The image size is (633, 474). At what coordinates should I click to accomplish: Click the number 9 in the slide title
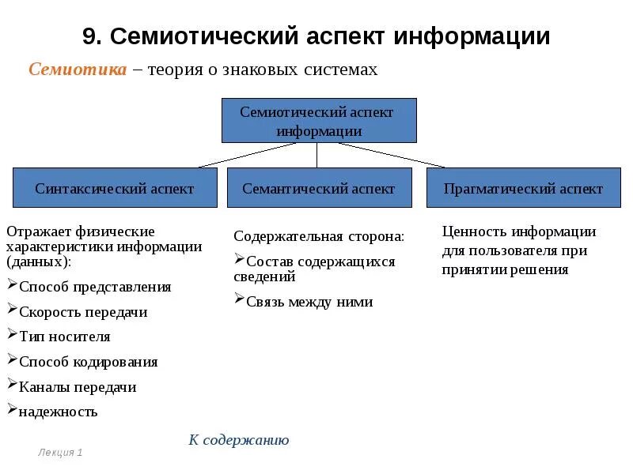(x=89, y=36)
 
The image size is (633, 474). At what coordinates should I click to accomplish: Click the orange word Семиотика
(x=78, y=70)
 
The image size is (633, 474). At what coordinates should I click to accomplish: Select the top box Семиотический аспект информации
(x=317, y=121)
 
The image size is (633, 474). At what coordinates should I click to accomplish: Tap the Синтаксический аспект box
(x=115, y=188)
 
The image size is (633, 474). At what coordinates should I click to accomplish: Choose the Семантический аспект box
(x=319, y=188)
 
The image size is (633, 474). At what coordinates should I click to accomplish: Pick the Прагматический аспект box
(x=523, y=188)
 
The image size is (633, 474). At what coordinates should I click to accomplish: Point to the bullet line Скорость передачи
(x=83, y=312)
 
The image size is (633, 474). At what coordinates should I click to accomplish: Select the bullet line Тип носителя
(x=64, y=337)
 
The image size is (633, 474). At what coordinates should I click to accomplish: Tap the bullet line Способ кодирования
(x=88, y=362)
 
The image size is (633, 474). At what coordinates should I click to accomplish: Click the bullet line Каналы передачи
(x=78, y=387)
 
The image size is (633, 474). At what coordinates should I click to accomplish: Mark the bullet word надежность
(x=58, y=412)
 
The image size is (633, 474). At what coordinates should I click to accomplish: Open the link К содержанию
(x=239, y=440)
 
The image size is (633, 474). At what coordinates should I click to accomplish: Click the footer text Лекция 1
(x=60, y=453)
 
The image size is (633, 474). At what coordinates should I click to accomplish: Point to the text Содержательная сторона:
(x=319, y=236)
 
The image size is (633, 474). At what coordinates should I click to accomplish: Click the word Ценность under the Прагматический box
(x=474, y=231)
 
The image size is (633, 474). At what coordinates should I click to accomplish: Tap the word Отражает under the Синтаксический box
(x=39, y=231)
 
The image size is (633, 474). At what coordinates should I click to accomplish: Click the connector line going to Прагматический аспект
(x=392, y=155)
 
